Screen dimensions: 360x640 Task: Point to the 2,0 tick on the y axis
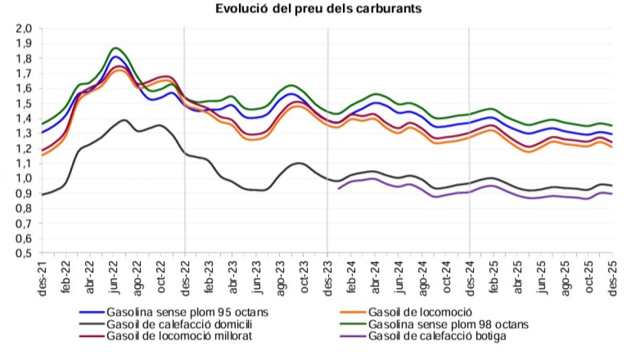26,28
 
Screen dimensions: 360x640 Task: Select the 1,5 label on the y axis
26,103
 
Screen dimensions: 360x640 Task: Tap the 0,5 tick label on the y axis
26,253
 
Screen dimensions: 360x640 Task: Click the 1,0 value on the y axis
26,179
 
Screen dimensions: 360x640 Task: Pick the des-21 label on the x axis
43,276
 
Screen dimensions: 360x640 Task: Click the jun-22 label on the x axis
114,276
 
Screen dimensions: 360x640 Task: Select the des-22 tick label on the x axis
185,276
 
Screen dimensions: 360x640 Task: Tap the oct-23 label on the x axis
304,276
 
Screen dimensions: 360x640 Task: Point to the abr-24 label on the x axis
375,276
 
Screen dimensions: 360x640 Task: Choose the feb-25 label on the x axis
494,276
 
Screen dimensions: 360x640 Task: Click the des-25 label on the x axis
612,276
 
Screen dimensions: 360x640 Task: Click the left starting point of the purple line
338,188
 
